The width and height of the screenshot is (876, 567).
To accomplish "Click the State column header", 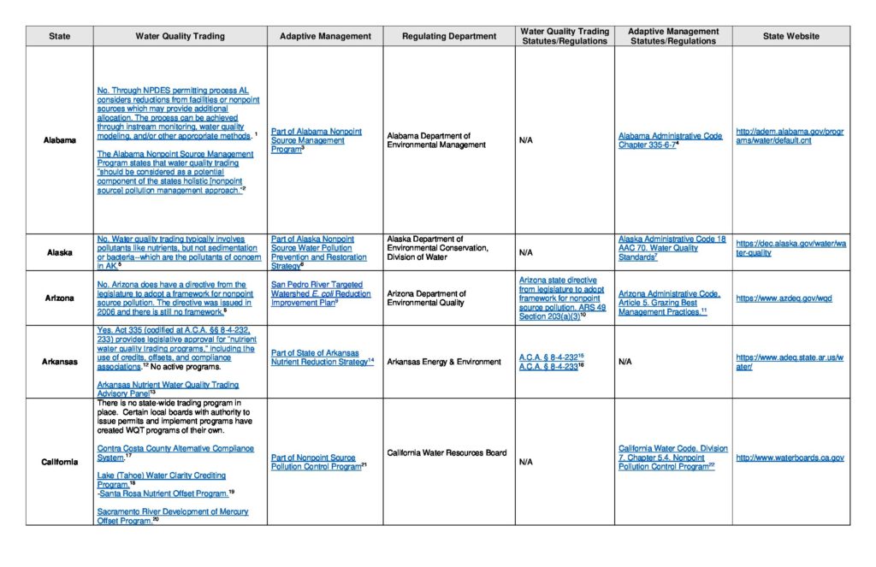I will tap(59, 36).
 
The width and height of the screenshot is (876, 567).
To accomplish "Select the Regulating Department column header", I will tap(449, 36).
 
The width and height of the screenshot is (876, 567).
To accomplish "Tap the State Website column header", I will tap(791, 36).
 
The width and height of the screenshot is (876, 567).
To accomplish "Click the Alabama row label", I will tap(59, 140).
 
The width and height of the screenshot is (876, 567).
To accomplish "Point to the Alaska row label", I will tap(59, 252).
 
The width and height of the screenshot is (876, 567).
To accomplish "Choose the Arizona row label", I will tap(59, 298).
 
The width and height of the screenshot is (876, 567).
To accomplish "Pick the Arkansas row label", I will tap(59, 362).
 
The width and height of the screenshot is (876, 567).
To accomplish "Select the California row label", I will tap(59, 462).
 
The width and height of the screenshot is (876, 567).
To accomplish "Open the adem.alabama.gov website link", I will tap(789, 136).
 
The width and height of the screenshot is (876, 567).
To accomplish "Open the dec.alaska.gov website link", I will tap(790, 248).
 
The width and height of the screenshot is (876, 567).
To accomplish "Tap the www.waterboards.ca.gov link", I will tap(790, 458).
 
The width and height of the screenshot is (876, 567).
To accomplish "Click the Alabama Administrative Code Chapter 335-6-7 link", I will tap(670, 140).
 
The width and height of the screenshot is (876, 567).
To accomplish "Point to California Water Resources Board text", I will tap(447, 453).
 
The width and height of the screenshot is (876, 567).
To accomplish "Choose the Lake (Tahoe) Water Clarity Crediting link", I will tap(161, 475).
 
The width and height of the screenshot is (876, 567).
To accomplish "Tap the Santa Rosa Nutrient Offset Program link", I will tap(163, 493).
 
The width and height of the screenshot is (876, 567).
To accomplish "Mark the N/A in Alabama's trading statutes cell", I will tap(526, 140).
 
